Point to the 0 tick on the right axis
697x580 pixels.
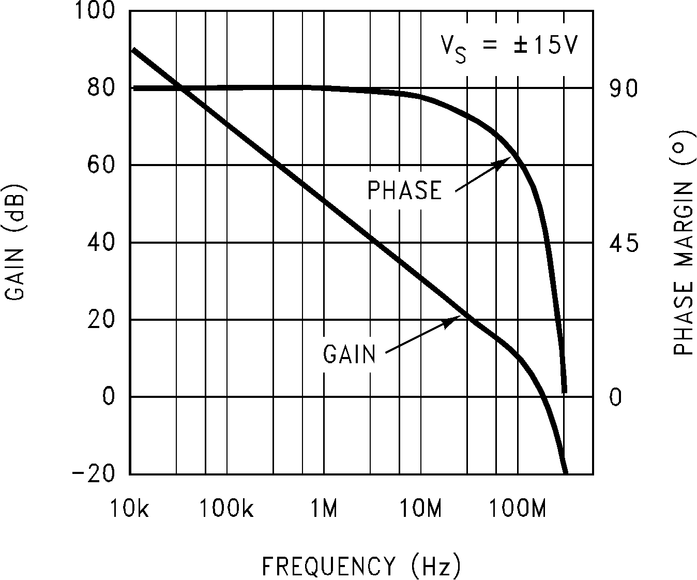coord(615,397)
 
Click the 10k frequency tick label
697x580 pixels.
coord(129,510)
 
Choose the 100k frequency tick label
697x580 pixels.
coord(226,510)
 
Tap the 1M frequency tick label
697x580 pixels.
coord(324,510)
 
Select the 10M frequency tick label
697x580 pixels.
coord(421,510)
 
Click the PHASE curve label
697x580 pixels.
coord(405,190)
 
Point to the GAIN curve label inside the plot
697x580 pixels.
coord(350,355)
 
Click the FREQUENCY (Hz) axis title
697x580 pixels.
coord(361,566)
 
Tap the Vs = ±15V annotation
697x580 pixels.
coord(509,47)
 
